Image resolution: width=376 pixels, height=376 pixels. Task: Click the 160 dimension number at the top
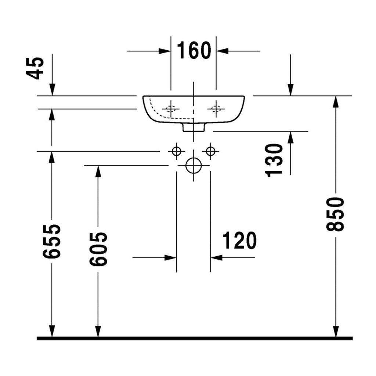(194, 50)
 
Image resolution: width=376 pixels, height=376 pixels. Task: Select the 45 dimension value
(35, 68)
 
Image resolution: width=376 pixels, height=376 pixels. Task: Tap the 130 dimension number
(274, 160)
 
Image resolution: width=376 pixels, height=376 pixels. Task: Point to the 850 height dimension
(335, 214)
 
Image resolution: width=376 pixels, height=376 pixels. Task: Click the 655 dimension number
(51, 241)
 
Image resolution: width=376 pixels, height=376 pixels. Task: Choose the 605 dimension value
(98, 249)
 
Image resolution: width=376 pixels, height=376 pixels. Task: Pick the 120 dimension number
(239, 241)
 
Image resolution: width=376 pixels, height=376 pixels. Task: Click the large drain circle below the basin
(194, 166)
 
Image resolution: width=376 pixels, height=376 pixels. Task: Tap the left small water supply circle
(177, 151)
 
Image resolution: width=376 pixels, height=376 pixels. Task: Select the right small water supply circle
(210, 151)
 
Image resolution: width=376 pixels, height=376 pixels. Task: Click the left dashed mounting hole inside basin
(171, 109)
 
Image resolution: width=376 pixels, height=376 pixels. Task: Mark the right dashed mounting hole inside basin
(216, 109)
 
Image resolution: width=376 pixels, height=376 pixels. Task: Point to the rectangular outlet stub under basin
(194, 127)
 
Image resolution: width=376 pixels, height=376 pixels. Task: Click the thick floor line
(195, 338)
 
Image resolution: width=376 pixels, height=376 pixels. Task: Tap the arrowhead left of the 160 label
(165, 51)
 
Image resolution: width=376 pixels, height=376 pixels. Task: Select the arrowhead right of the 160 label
(222, 51)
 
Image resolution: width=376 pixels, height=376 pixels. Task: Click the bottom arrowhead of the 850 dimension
(336, 331)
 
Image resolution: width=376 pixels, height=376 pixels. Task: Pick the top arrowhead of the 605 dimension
(98, 171)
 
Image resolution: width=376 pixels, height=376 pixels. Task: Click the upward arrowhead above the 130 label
(290, 137)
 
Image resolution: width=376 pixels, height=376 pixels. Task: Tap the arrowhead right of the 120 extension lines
(217, 258)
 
